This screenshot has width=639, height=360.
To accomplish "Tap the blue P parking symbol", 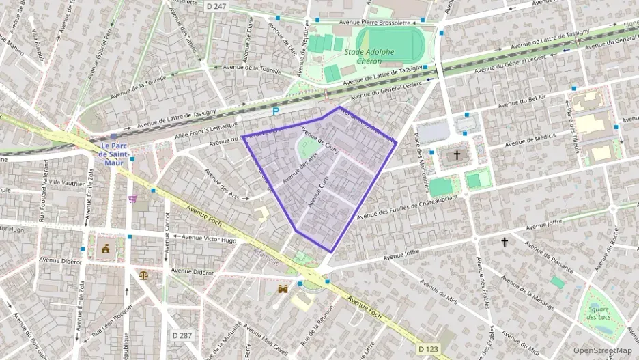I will (x=276, y=111).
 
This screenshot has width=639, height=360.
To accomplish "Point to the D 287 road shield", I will (x=182, y=335).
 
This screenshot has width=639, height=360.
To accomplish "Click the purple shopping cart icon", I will (x=132, y=199).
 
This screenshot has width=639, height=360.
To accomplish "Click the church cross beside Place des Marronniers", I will (x=457, y=155).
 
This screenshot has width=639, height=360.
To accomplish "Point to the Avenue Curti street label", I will (x=319, y=191).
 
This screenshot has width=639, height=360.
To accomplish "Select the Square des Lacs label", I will (x=598, y=314).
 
